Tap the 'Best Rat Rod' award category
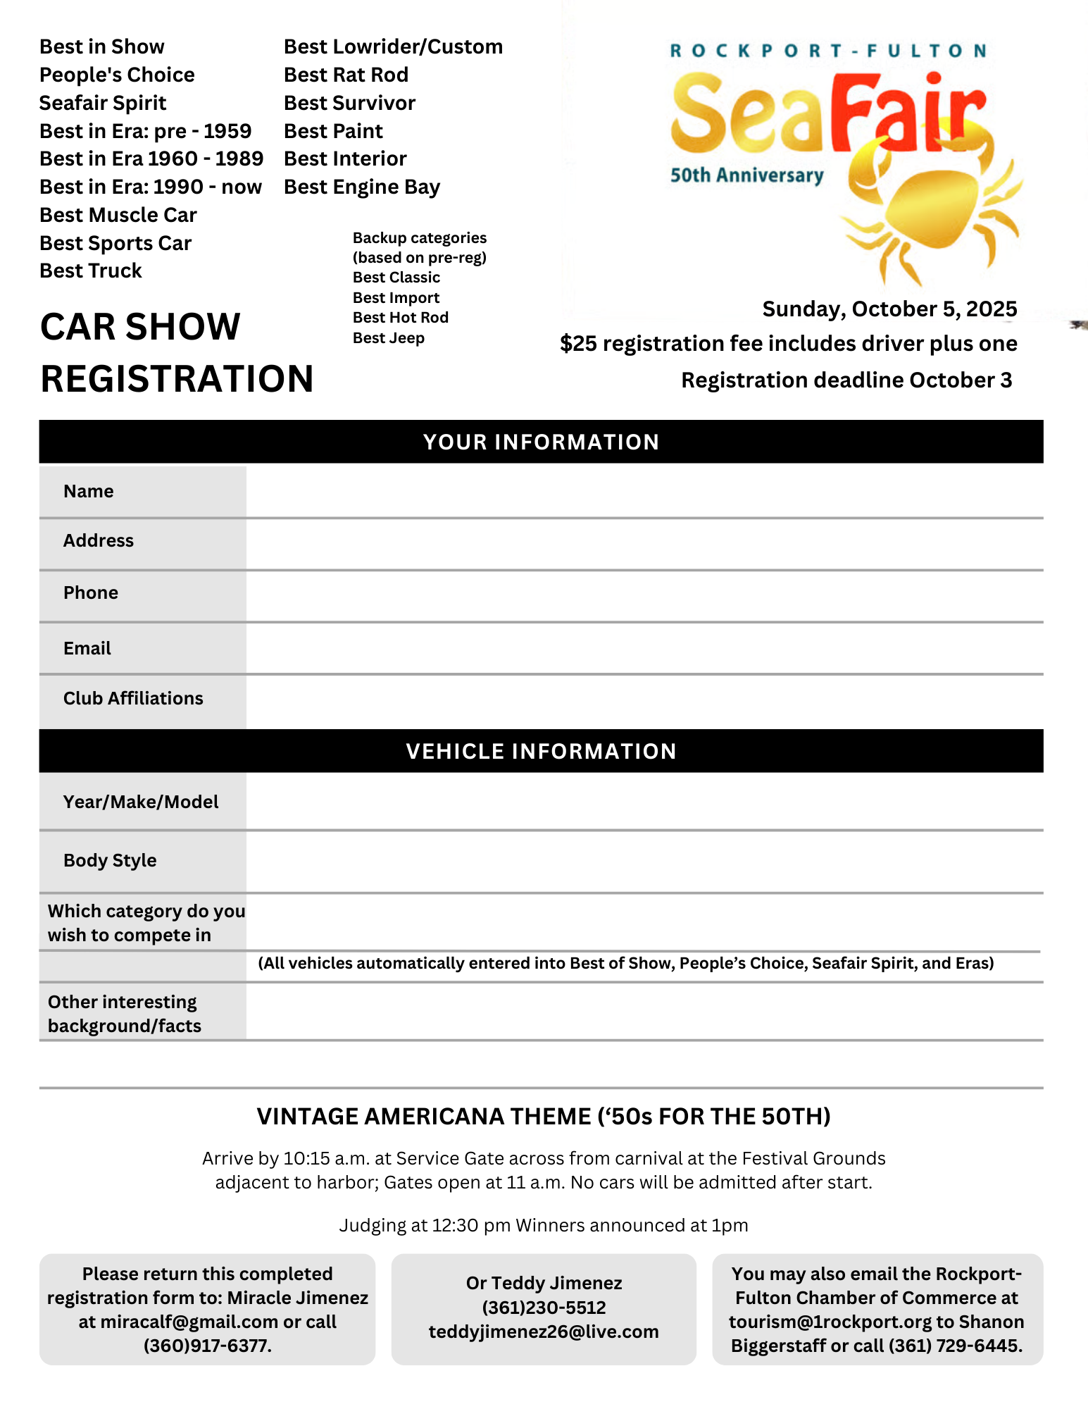click(346, 75)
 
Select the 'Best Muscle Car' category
click(118, 215)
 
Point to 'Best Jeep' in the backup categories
click(389, 338)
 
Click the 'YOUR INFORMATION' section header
click(541, 442)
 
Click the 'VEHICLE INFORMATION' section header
click(541, 751)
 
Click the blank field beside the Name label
click(644, 492)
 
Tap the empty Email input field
click(644, 648)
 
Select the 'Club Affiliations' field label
click(133, 698)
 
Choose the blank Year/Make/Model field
click(644, 802)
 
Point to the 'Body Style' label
click(110, 860)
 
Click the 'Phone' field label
click(91, 592)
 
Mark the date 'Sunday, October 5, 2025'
click(889, 309)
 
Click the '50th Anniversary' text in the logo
click(746, 175)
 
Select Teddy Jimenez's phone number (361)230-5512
click(544, 1308)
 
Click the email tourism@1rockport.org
click(829, 1322)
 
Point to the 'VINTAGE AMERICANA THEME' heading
click(544, 1117)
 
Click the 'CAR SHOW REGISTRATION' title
click(176, 352)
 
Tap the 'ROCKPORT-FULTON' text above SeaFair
click(828, 51)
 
